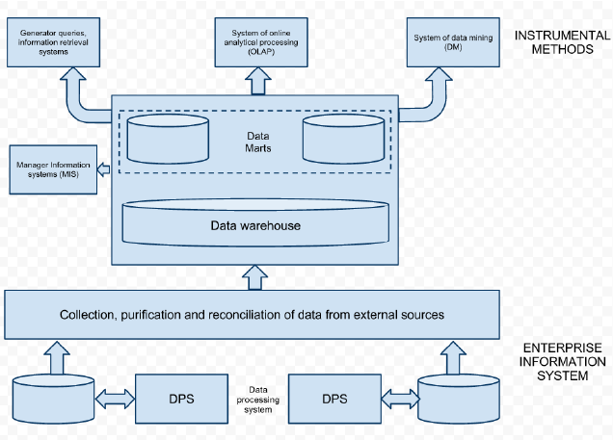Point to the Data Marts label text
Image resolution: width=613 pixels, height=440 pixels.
pos(255,142)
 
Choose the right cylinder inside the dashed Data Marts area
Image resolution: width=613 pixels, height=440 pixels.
pos(343,140)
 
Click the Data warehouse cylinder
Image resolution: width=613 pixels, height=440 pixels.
pos(255,225)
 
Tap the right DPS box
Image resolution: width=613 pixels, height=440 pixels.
pos(333,397)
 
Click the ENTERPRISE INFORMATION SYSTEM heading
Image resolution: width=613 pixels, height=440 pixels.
pos(563,361)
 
